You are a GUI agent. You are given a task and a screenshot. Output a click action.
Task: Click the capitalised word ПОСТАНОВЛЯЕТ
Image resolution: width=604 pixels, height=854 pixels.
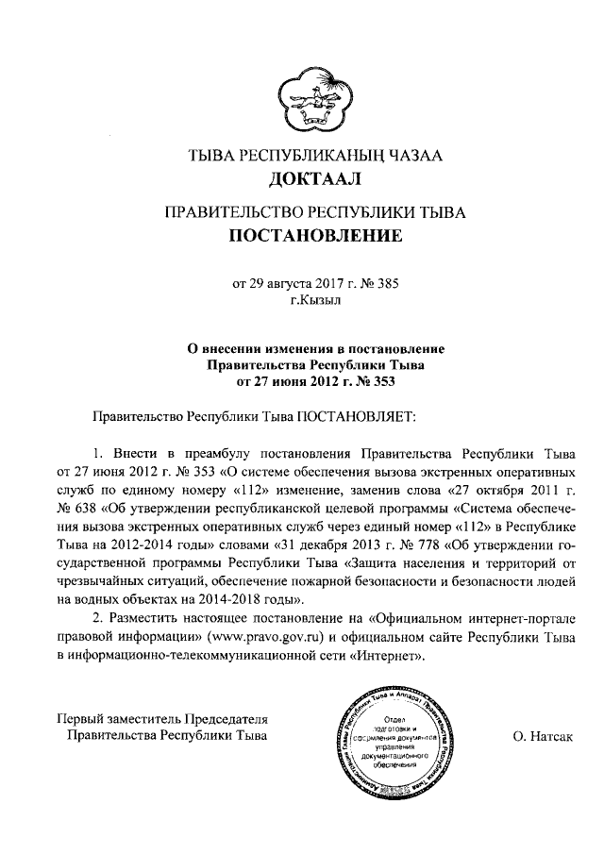pyautogui.click(x=356, y=414)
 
